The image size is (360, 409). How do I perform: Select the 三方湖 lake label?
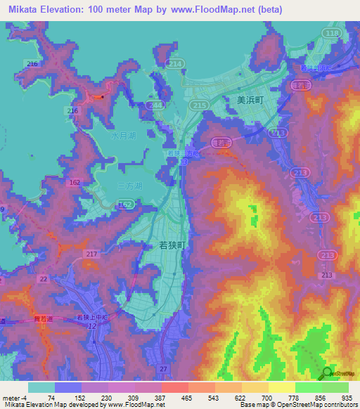coord(129,186)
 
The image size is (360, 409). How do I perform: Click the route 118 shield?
coord(333,33)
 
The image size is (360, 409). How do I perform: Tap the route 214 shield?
coord(176,64)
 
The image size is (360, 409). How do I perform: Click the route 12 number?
coord(92,327)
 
